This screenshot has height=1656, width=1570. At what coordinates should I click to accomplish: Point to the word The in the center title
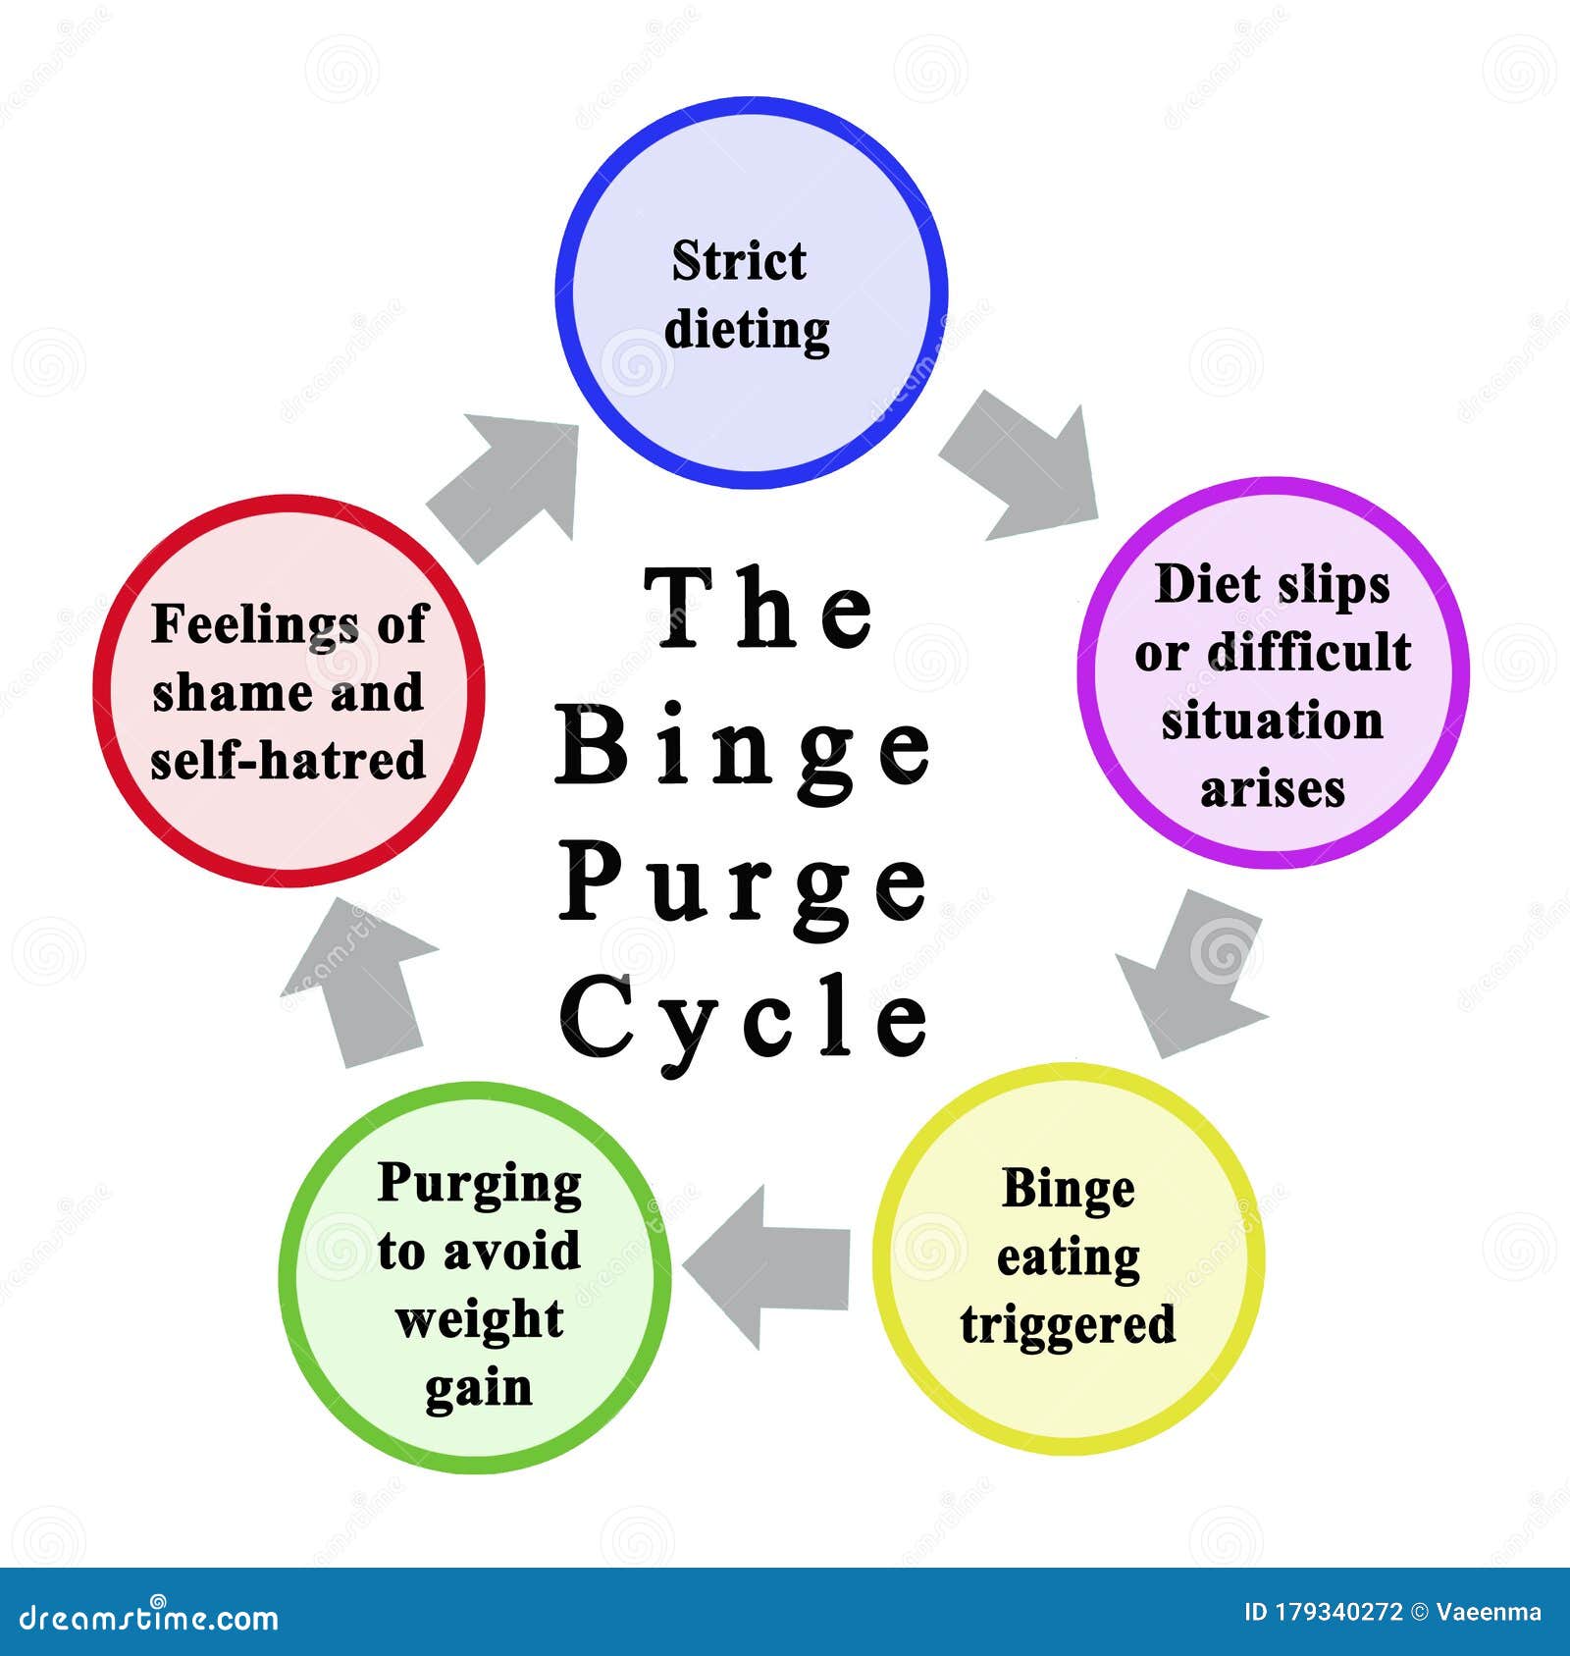click(x=759, y=611)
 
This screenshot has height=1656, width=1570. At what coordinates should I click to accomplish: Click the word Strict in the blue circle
click(x=739, y=262)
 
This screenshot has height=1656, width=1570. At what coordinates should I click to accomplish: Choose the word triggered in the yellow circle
click(x=1068, y=1325)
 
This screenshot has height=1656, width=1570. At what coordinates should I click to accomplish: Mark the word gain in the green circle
click(x=479, y=1388)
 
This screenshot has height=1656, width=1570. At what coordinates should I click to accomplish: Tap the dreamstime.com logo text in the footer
click(x=149, y=1618)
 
